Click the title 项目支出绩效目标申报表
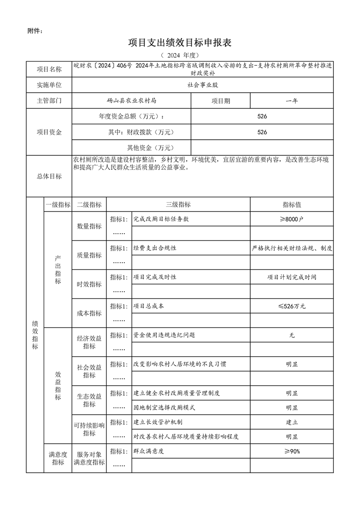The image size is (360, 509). coord(180,43)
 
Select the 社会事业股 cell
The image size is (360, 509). coord(203,85)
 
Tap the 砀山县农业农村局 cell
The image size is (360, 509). coord(131,101)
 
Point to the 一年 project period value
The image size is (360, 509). coord(292,101)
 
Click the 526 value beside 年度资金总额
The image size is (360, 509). coord(262,117)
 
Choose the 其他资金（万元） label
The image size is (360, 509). coord(150,148)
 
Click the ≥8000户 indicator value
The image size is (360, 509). coord(292,219)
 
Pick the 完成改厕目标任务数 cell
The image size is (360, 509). coord(161,219)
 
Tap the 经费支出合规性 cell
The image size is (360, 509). coord(155,248)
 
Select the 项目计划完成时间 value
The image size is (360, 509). coord(292,277)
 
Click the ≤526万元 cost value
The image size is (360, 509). coord(292,306)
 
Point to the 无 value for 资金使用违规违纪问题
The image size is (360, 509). coord(292,335)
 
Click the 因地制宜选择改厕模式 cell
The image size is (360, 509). coord(164,408)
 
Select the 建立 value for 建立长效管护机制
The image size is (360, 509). coord(292,422)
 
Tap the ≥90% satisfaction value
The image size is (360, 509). coord(292,451)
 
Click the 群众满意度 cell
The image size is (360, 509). coord(148,451)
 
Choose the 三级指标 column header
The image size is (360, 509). coord(178,205)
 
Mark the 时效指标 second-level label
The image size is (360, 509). coord(89,284)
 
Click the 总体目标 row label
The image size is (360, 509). coord(49,176)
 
